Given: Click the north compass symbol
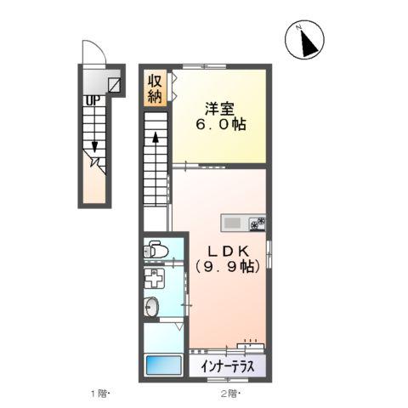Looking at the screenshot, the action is tap(304, 40).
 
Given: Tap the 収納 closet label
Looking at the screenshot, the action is tap(155, 89).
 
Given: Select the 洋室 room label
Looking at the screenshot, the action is tap(220, 109).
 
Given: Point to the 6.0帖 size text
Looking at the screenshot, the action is tap(221, 124).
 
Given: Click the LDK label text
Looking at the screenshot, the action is tap(229, 251).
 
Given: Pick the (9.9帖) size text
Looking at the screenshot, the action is tap(228, 266).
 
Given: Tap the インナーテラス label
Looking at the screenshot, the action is tap(227, 367).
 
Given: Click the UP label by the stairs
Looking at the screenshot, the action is tap(93, 100).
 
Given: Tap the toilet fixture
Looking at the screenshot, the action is tap(156, 249).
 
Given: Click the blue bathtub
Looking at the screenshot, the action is tap(163, 365).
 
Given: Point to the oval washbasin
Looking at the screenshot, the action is tap(151, 307).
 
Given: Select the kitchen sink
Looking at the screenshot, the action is tap(232, 224).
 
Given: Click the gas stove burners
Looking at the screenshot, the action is tap(258, 224).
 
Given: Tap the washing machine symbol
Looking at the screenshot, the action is tap(154, 278).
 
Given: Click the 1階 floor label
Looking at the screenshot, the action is tap(99, 394).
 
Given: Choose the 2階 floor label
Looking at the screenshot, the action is tap(230, 394).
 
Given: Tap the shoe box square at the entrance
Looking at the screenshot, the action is tap(115, 85).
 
